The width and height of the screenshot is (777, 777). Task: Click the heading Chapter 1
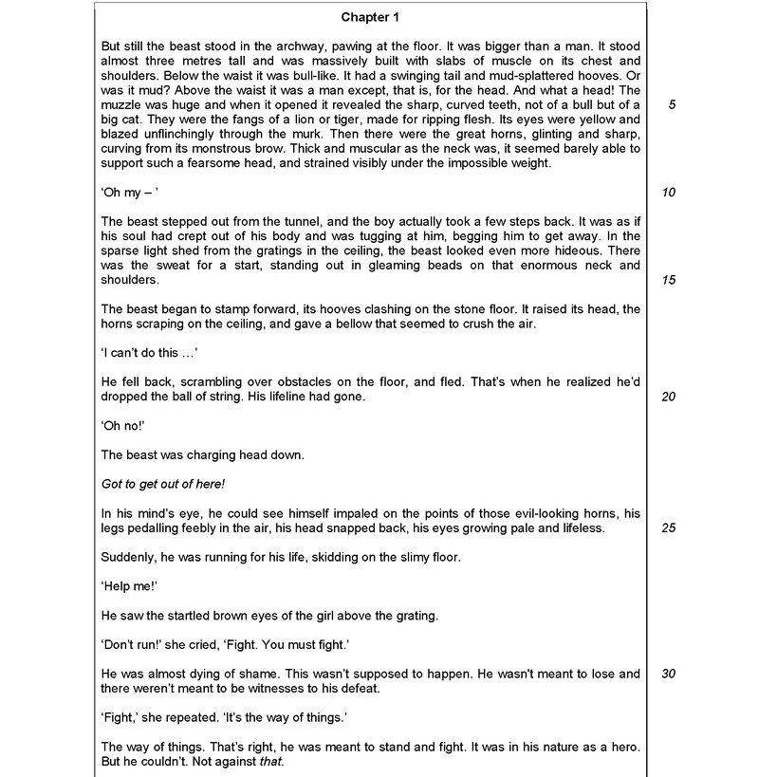point(372,17)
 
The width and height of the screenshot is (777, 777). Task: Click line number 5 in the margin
point(671,104)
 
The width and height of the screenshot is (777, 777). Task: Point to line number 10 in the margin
point(669,193)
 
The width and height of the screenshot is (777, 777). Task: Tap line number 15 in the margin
point(669,280)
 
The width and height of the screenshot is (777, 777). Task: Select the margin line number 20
point(669,397)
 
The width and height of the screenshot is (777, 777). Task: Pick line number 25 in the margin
point(669,527)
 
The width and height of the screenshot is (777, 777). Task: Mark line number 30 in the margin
point(669,674)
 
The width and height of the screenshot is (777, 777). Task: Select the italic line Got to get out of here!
point(162,484)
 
